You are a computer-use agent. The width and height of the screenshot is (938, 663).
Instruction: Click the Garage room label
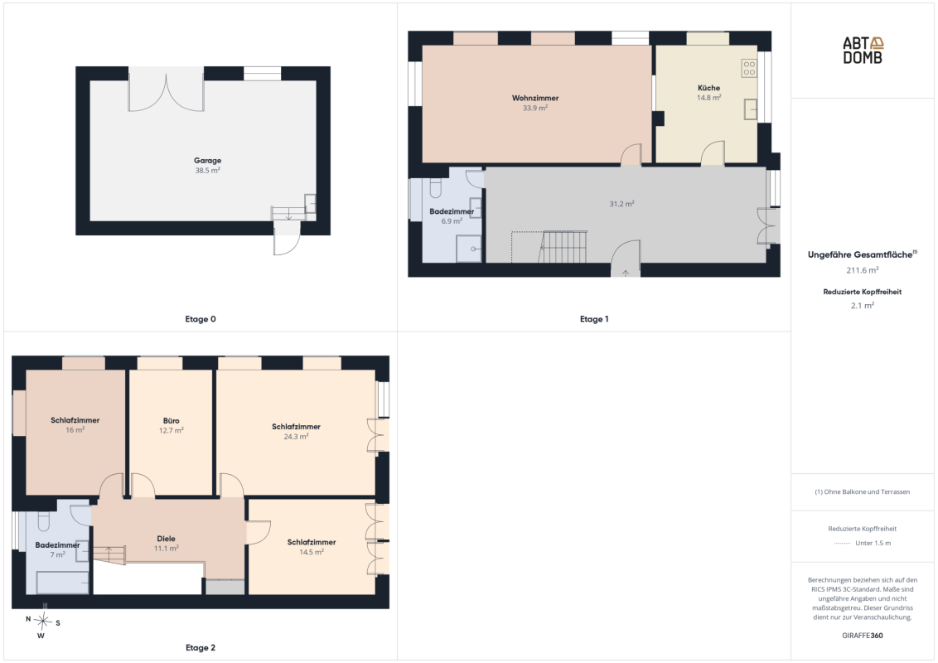pyautogui.click(x=208, y=161)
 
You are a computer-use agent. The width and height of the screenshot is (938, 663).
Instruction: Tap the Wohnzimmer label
pyautogui.click(x=535, y=98)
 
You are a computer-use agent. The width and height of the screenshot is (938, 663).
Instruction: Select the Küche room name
pyautogui.click(x=708, y=87)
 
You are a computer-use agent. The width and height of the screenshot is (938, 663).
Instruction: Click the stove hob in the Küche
pyautogui.click(x=749, y=68)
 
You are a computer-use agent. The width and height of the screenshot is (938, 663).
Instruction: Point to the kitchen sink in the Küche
pyautogui.click(x=751, y=109)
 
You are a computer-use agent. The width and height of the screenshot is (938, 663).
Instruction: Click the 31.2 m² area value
pyautogui.click(x=621, y=204)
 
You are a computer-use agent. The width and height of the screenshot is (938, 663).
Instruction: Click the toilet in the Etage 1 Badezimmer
pyautogui.click(x=436, y=188)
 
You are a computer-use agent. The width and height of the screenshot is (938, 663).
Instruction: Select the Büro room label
pyautogui.click(x=171, y=421)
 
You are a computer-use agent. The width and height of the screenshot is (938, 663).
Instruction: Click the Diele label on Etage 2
pyautogui.click(x=167, y=539)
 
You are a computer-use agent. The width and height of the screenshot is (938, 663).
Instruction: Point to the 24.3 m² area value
pyautogui.click(x=296, y=437)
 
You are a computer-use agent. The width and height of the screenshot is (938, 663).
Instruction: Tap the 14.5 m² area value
pyautogui.click(x=312, y=552)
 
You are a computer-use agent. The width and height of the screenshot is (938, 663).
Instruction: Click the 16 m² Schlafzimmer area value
pyautogui.click(x=75, y=430)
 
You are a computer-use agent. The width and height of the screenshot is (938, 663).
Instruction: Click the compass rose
pyautogui.click(x=42, y=622)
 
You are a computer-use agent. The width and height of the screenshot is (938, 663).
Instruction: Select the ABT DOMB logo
pyautogui.click(x=863, y=51)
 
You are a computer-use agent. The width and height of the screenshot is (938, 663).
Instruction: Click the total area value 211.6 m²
pyautogui.click(x=863, y=270)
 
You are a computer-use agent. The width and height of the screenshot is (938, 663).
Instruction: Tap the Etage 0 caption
pyautogui.click(x=201, y=319)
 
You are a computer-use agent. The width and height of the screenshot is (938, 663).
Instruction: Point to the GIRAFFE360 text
pyautogui.click(x=863, y=636)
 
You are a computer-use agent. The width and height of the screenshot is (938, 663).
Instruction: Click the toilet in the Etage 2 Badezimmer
pyautogui.click(x=44, y=521)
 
